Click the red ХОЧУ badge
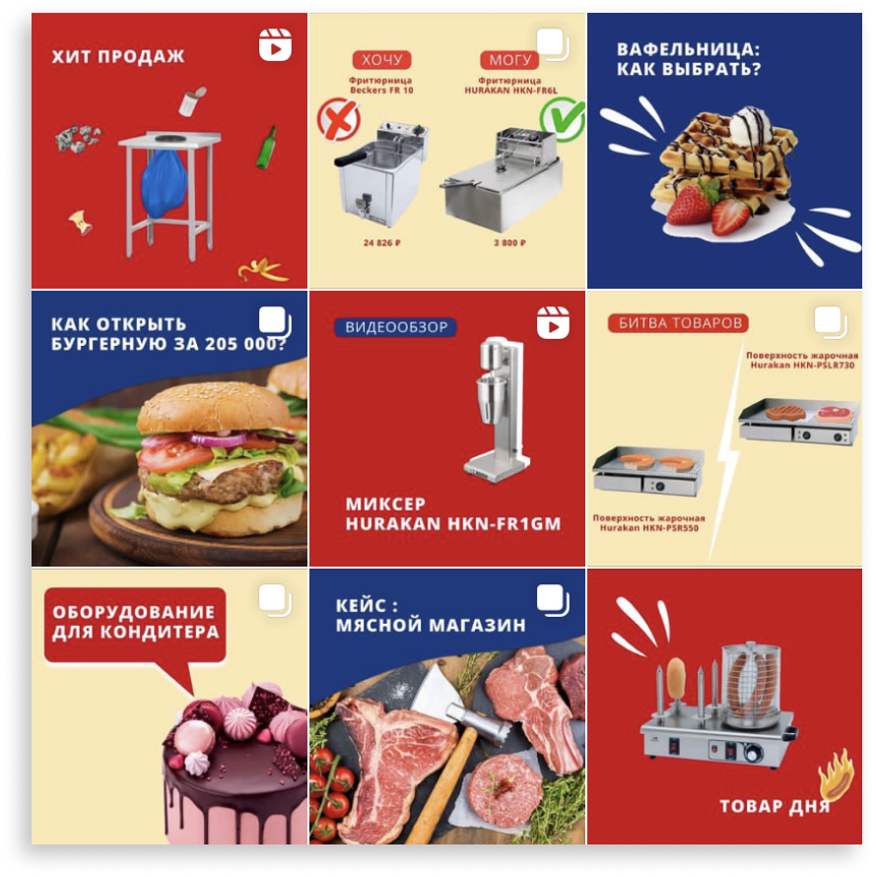381,60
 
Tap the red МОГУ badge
509,60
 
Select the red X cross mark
338,119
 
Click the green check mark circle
563,118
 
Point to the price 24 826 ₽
382,242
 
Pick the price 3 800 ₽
509,242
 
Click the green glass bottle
266,147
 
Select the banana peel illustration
262,270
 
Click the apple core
80,223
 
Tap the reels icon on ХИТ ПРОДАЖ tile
275,44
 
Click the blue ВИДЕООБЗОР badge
395,327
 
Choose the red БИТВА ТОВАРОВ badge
679,323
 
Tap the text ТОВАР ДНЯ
775,806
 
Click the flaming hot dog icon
836,776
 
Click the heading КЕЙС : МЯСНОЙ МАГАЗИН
431,615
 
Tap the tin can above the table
192,101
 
